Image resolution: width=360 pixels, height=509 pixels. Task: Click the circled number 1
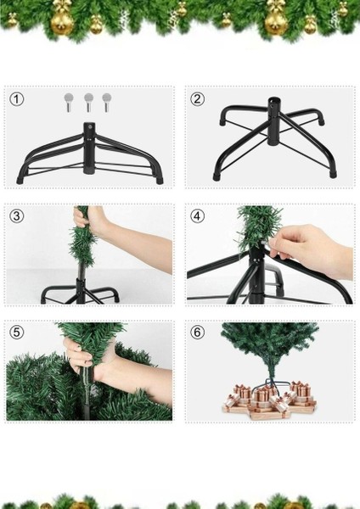[17, 99]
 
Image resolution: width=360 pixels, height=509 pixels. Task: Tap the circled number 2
[198, 99]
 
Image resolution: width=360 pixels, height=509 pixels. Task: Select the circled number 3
[17, 216]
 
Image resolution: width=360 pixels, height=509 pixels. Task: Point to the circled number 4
[198, 216]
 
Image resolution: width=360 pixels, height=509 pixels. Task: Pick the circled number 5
[17, 333]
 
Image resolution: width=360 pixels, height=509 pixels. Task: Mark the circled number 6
[198, 333]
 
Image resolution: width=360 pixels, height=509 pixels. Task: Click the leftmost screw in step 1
[69, 101]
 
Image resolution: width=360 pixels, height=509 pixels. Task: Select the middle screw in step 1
[88, 101]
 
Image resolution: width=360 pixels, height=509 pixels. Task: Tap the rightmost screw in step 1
[107, 101]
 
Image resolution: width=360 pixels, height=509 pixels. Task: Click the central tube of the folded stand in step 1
[89, 149]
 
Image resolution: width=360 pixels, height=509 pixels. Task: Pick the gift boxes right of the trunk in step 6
[298, 396]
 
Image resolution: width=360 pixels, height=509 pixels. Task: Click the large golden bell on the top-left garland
[62, 20]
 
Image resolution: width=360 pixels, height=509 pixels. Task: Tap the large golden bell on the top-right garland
[276, 20]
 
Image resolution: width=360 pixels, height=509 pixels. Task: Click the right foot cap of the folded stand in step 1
[158, 179]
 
